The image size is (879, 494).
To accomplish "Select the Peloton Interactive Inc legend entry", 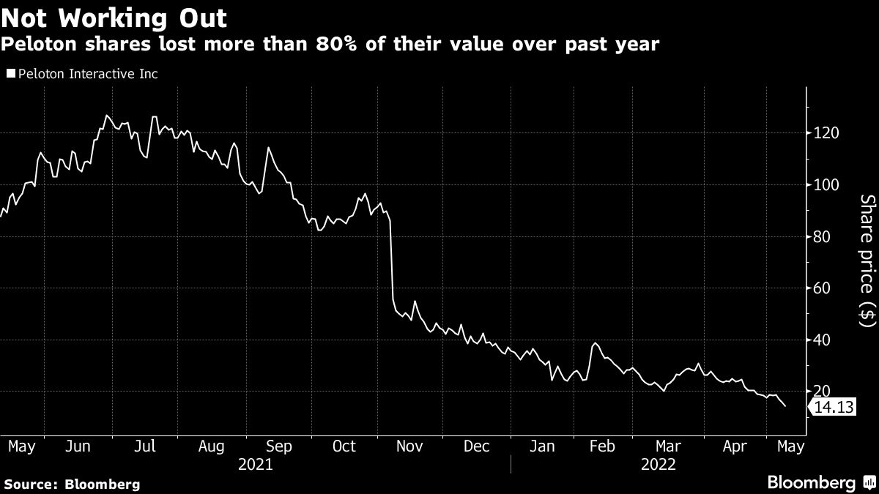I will click(82, 74).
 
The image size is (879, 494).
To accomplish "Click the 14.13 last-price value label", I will click(834, 408).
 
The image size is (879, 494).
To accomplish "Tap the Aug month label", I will click(211, 446).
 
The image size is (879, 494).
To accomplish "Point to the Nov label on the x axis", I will click(410, 446).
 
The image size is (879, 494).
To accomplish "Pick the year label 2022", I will click(659, 464).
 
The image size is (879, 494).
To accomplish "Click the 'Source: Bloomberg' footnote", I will click(72, 484).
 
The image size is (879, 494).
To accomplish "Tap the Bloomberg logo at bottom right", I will click(820, 482).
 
